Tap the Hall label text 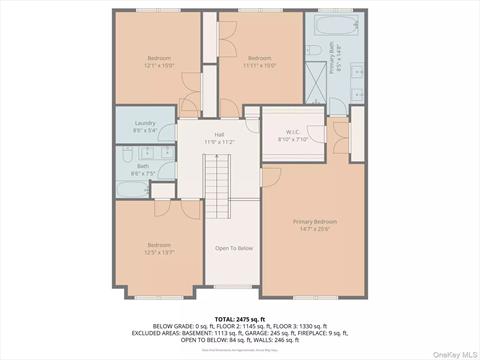(219, 135)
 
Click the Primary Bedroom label (314, 221)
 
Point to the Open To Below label (233, 248)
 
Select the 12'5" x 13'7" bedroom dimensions (160, 252)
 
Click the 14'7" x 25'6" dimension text (314, 228)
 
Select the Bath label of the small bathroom (143, 166)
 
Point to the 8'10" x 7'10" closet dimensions (294, 139)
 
